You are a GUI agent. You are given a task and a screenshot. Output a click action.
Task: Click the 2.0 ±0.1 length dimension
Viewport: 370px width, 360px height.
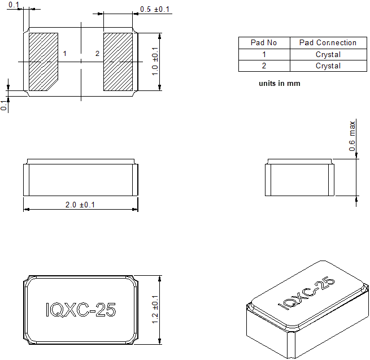(x=80, y=205)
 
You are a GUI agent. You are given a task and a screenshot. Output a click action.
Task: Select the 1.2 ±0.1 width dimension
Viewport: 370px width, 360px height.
(x=155, y=310)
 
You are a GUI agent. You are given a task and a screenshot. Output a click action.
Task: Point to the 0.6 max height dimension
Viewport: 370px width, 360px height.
(x=352, y=136)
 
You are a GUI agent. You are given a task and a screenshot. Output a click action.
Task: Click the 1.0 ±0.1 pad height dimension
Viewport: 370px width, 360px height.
(x=155, y=62)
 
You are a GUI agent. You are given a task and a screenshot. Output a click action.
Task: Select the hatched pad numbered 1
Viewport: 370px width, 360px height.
(x=43, y=62)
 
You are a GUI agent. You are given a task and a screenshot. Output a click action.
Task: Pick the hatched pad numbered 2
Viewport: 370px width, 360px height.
(x=118, y=62)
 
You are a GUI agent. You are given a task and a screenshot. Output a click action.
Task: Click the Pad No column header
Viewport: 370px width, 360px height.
(x=264, y=42)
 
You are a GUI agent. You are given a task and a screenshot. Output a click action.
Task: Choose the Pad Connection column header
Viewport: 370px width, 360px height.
(x=328, y=42)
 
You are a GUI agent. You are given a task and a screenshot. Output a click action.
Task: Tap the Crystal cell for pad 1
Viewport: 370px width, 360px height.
(x=328, y=54)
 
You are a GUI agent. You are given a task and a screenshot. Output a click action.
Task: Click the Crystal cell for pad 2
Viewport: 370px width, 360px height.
(x=328, y=66)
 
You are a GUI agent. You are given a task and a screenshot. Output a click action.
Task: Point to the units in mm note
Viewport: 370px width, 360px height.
(x=279, y=84)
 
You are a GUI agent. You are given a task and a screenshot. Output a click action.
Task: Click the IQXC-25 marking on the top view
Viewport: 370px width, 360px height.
(x=80, y=310)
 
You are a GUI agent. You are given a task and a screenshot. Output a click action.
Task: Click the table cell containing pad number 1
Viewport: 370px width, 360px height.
(x=264, y=54)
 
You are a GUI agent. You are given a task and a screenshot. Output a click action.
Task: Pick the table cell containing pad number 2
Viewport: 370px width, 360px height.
(x=264, y=66)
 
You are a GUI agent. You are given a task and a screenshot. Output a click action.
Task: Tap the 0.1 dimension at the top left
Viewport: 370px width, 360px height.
(x=14, y=5)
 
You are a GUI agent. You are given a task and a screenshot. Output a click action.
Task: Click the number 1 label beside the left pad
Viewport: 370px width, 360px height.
(x=65, y=54)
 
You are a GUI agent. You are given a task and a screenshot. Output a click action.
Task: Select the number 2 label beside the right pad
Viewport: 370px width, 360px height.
(x=97, y=54)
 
